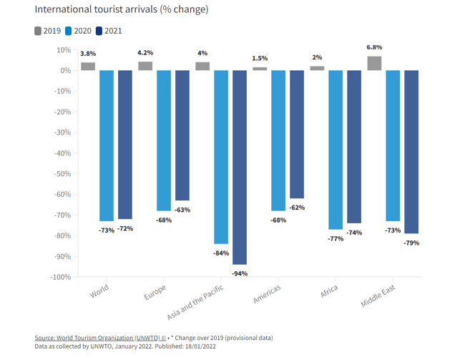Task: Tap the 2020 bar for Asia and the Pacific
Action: [x=220, y=157]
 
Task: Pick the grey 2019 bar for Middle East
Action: [x=374, y=63]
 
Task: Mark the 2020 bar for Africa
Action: [x=336, y=150]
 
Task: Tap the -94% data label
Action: [x=240, y=273]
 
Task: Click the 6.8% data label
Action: [x=374, y=49]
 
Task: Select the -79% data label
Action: [x=411, y=243]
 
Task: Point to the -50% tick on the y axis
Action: [x=61, y=174]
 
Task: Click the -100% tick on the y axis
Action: [x=59, y=277]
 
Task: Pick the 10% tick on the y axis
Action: [x=63, y=50]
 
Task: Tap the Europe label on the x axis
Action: [x=156, y=294]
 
